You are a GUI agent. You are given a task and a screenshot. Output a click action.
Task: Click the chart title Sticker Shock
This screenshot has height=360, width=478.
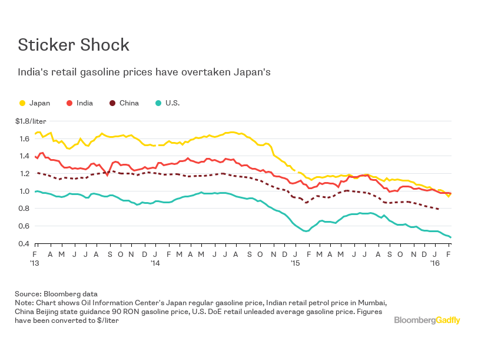tap(73, 45)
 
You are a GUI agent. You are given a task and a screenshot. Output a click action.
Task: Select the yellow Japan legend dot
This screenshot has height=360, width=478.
tap(23, 103)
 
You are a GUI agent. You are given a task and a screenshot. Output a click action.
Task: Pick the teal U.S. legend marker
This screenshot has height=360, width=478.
tap(159, 103)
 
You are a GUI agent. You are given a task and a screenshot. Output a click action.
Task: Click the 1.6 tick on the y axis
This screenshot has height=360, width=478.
tap(24, 139)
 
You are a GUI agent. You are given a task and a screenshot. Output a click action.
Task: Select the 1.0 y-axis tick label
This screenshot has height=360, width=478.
tap(24, 191)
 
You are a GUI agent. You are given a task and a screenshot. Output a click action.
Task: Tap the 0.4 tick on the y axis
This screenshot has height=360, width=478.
tap(24, 244)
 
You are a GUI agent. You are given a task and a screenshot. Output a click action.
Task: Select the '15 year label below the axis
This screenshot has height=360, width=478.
tap(296, 263)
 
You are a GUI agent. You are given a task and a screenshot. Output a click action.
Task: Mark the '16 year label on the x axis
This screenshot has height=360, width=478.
tap(436, 263)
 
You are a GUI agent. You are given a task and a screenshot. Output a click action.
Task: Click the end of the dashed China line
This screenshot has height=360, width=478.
tap(438, 209)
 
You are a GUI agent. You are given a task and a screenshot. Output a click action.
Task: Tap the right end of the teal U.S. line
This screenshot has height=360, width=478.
tap(450, 237)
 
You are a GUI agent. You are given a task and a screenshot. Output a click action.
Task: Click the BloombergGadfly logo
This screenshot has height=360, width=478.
tap(427, 320)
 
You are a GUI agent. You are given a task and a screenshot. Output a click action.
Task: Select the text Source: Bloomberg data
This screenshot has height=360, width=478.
tap(57, 293)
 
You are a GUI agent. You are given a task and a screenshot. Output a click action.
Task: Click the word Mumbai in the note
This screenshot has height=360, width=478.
tap(371, 302)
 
